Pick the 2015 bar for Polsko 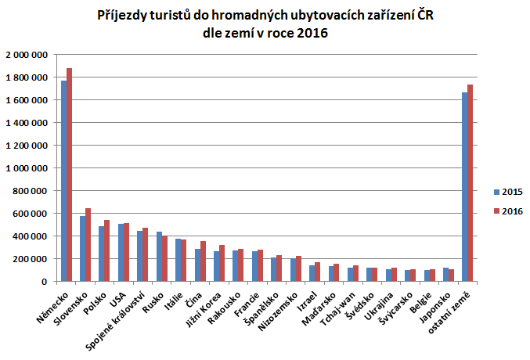tap(102, 254)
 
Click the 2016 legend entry tap(508, 211)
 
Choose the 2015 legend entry tap(508, 191)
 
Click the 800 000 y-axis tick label tap(30, 191)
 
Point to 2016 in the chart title tap(312, 33)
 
